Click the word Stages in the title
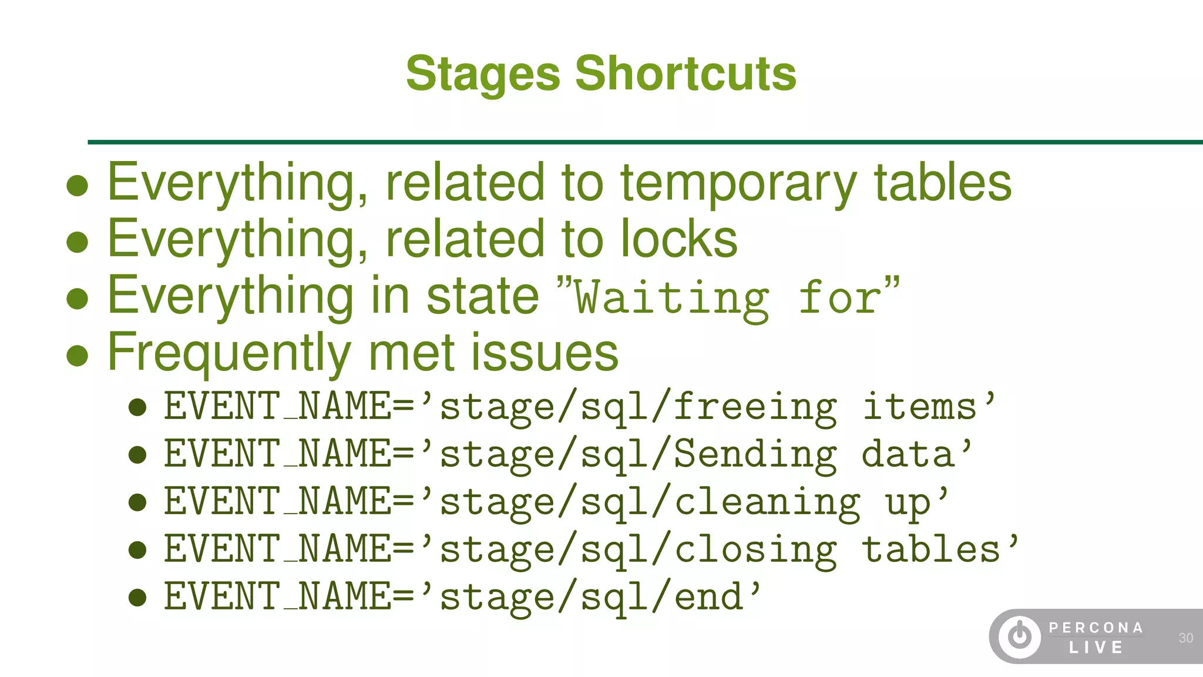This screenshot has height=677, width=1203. pyautogui.click(x=483, y=75)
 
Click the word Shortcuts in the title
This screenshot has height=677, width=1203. pyautogui.click(x=685, y=73)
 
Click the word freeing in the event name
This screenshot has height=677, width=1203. pyautogui.click(x=755, y=407)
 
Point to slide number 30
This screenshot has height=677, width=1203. pyautogui.click(x=1185, y=638)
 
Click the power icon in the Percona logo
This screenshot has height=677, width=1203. pyautogui.click(x=1020, y=636)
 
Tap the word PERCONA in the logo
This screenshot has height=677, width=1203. pyautogui.click(x=1096, y=628)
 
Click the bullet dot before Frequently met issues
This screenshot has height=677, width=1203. pyautogui.click(x=78, y=356)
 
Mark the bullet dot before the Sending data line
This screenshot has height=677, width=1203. pyautogui.click(x=137, y=455)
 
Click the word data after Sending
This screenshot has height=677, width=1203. pyautogui.click(x=908, y=455)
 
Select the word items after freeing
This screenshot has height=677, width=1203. pyautogui.click(x=920, y=407)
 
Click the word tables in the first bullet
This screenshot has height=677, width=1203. pyautogui.click(x=942, y=183)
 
